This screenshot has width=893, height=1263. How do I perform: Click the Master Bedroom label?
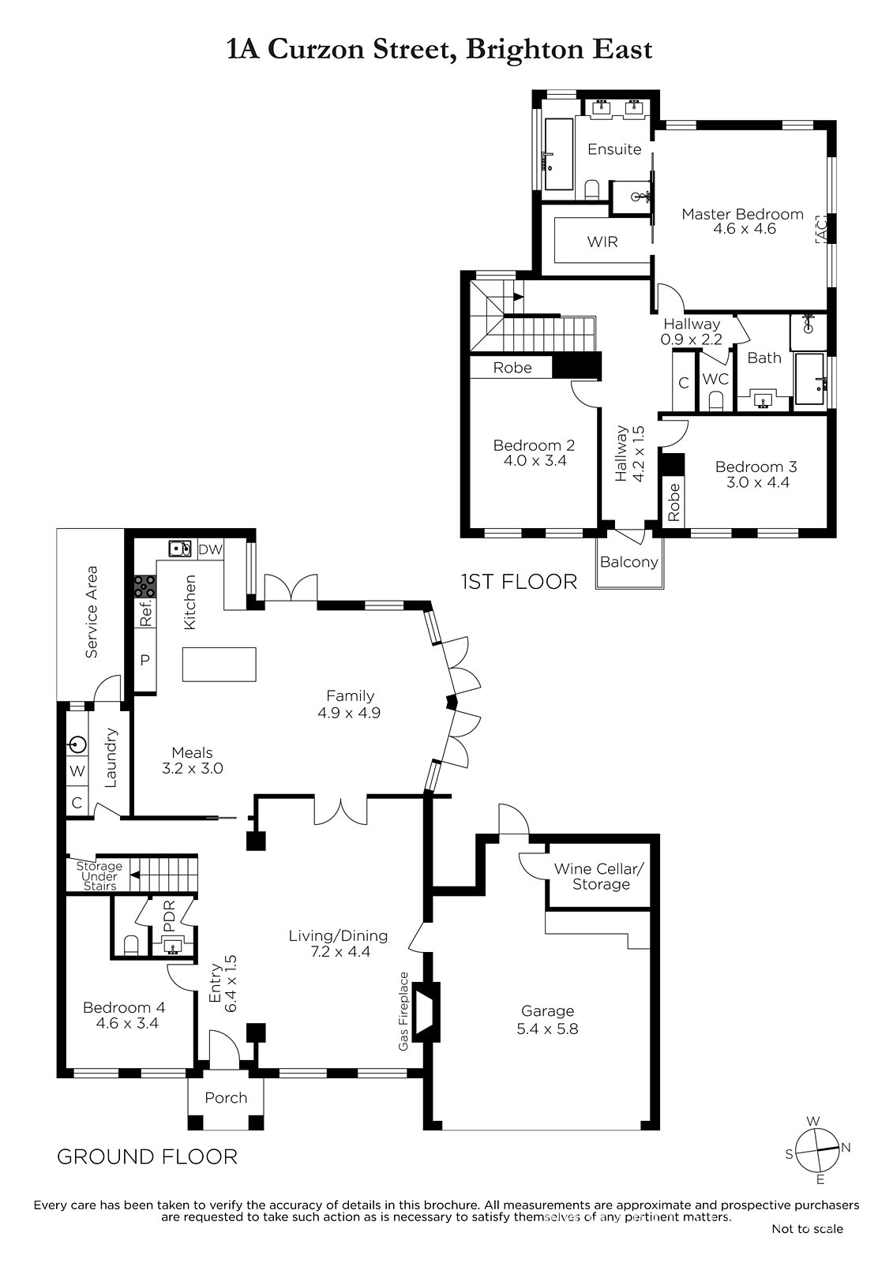click(x=742, y=214)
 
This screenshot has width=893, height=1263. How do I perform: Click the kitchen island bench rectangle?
click(x=219, y=664)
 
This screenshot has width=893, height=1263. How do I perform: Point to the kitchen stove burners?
click(x=145, y=586)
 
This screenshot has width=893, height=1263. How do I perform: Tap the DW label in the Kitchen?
click(x=210, y=549)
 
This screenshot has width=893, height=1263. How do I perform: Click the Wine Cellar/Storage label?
click(x=600, y=876)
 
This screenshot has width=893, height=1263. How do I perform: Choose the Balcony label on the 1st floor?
click(x=629, y=562)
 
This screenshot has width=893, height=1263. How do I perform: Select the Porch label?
click(x=226, y=1098)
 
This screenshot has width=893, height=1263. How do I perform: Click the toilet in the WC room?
click(x=716, y=401)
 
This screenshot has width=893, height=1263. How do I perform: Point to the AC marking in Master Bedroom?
click(x=821, y=229)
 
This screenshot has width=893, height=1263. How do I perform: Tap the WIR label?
click(x=602, y=242)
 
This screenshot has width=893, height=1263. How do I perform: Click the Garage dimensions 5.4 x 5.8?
click(x=547, y=1029)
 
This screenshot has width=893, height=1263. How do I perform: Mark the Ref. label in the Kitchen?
click(x=146, y=612)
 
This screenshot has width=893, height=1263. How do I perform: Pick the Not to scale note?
click(x=807, y=1228)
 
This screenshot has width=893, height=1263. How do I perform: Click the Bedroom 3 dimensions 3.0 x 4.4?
click(x=757, y=482)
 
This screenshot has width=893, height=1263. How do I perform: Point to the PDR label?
click(x=169, y=916)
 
